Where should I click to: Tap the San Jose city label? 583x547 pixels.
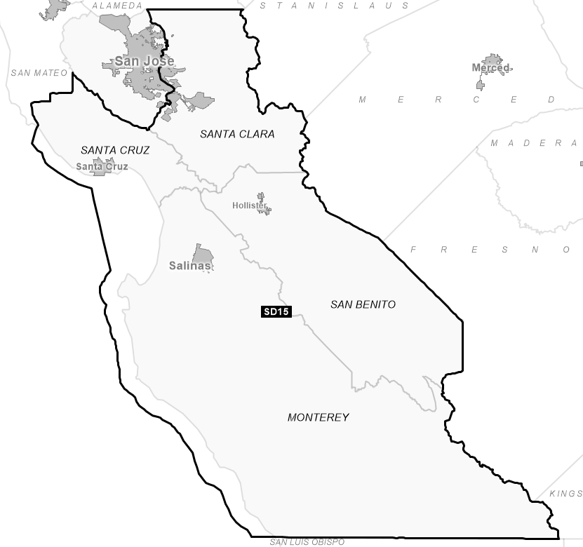(x=144, y=62)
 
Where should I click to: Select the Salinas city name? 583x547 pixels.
(x=189, y=266)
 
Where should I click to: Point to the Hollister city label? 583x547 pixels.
(x=249, y=205)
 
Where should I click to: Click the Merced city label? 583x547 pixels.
(x=490, y=68)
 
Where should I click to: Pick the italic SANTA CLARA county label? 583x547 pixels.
(x=237, y=134)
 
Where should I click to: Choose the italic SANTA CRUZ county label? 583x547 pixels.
(x=115, y=150)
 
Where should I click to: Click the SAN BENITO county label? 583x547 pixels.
(x=363, y=304)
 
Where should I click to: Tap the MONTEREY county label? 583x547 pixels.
(x=318, y=417)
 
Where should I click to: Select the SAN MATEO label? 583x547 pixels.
(x=39, y=73)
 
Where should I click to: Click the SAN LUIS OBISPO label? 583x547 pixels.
(x=307, y=542)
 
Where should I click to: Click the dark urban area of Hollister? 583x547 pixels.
(x=262, y=203)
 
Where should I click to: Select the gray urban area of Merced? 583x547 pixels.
(x=491, y=62)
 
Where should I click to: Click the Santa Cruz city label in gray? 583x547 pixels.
(x=102, y=167)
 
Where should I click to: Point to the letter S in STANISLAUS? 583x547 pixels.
(x=263, y=6)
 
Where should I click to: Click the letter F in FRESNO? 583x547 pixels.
(x=414, y=250)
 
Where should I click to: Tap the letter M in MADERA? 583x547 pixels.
(x=494, y=143)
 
